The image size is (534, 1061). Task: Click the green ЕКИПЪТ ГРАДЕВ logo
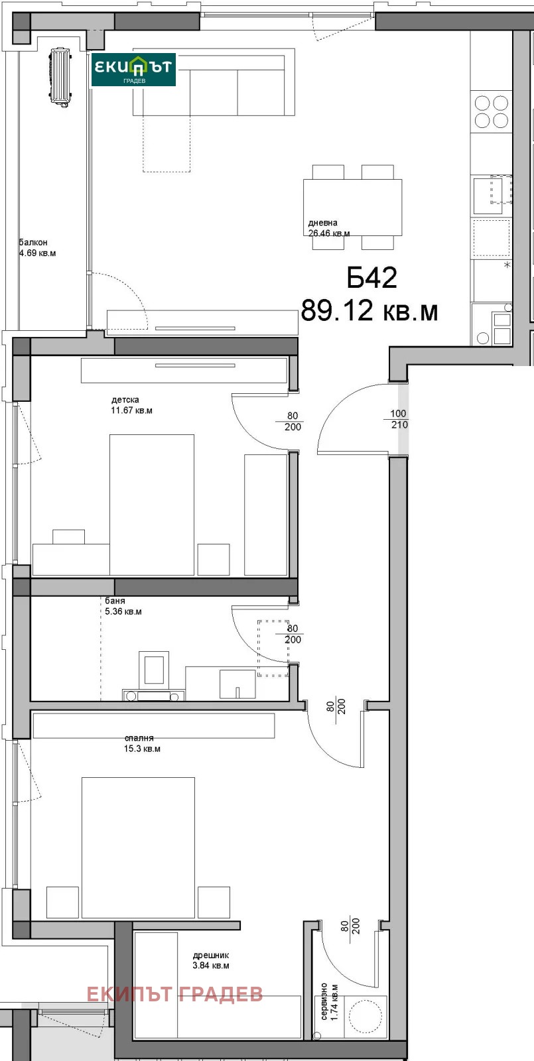point(133,70)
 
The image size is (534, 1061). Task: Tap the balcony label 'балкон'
point(33,243)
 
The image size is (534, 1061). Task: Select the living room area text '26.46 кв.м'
point(329,233)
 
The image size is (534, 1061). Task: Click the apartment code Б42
point(372,278)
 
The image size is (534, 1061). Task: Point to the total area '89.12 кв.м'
point(369,311)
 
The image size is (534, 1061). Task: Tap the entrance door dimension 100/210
point(399,419)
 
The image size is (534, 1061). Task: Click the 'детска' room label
point(125,400)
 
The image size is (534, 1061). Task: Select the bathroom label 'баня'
point(115,601)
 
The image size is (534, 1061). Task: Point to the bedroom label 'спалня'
point(139,738)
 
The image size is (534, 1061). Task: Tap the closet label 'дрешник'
point(211,956)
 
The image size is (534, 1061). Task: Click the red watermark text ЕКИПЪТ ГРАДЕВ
point(174,995)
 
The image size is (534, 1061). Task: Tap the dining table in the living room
point(353,207)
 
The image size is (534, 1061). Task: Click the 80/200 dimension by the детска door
point(293,421)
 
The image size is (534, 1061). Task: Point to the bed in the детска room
point(152,505)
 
